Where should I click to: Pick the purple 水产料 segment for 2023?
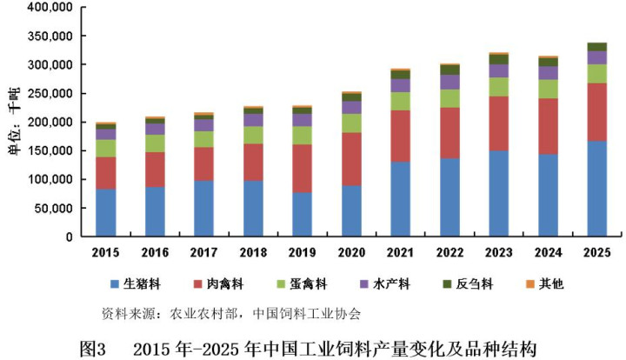coord(498,70)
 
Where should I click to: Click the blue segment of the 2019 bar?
coord(302,214)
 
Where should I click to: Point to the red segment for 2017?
coord(203,163)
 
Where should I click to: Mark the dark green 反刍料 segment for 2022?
coord(450,70)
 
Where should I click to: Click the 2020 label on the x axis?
coord(351,251)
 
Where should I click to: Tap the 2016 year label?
coord(154,251)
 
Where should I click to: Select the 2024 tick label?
coord(548,251)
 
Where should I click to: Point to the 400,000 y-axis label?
coord(50,8)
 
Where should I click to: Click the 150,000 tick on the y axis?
coord(50,150)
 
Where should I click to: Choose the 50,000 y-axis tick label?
coord(54,208)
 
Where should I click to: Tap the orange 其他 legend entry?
coord(545,284)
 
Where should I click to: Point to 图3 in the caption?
coord(93,348)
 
